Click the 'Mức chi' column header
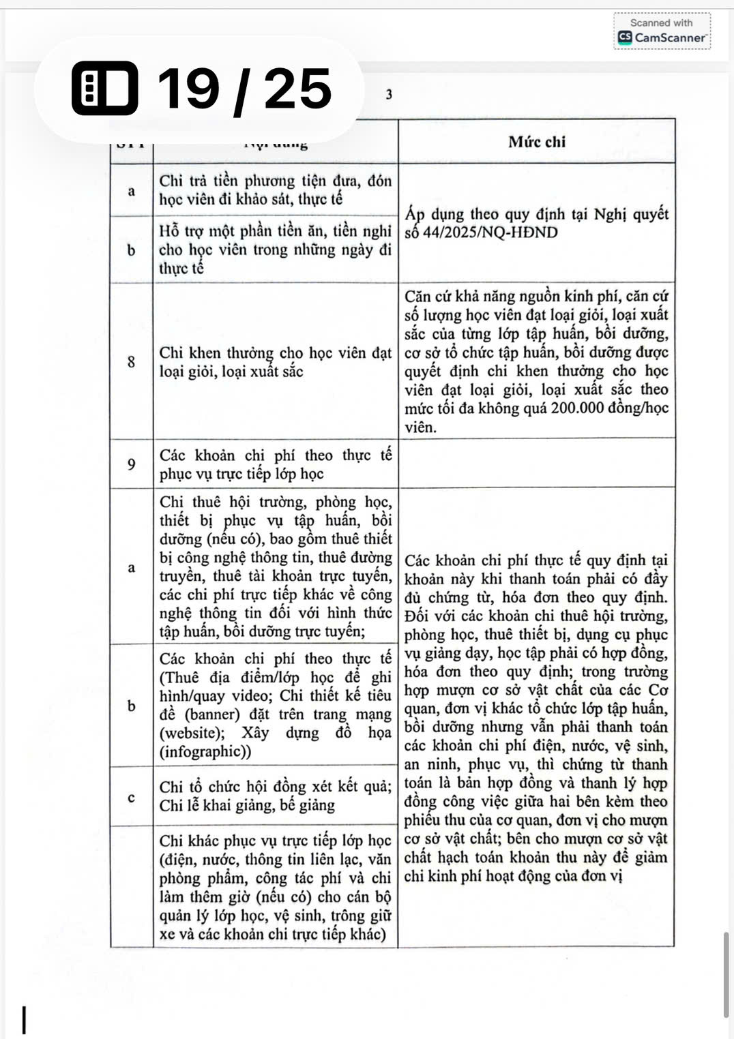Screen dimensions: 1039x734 [536, 142]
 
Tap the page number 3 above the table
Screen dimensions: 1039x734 [389, 95]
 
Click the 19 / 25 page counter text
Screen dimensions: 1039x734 [244, 89]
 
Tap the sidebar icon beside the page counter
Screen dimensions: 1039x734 [104, 89]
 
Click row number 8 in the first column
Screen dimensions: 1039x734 [132, 361]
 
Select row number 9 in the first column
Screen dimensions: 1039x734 [132, 464]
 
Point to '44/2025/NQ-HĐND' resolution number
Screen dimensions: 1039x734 [490, 232]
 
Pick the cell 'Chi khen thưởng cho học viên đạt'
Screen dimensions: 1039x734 [276, 353]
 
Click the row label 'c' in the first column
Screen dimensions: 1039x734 [132, 797]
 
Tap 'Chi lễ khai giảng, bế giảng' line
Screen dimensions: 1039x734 [247, 805]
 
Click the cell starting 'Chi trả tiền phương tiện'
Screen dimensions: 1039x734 [276, 190]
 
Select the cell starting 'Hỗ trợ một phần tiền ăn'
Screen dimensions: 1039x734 [276, 249]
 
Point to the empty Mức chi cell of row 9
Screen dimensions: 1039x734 [536, 464]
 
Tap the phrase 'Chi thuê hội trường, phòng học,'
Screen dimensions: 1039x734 [276, 502]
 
